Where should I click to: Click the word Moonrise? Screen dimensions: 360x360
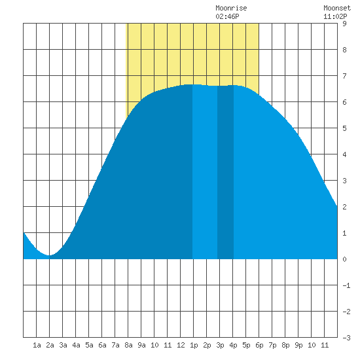coord(231,8)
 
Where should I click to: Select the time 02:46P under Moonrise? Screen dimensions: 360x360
coord(227,16)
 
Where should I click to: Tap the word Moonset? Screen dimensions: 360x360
coord(337,8)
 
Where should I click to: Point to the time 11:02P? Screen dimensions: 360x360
coord(335,16)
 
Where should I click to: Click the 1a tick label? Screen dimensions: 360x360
coord(37,345)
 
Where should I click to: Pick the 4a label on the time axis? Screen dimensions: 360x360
coord(76,345)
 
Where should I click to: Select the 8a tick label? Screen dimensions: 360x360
coord(128,345)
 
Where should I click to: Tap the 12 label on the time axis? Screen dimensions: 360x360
coord(181,345)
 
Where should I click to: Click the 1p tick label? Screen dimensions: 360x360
coord(194,345)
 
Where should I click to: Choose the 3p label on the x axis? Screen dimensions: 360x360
coord(220,345)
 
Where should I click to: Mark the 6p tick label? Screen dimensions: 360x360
coord(259,345)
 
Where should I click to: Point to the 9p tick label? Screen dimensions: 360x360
coord(298,345)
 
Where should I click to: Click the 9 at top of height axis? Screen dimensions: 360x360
coord(344,24)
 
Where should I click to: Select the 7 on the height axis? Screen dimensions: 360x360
coord(344,76)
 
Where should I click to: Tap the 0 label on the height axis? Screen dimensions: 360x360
coord(344,259)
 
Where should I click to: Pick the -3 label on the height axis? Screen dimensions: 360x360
coord(346,338)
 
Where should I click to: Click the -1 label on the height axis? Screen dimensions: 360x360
coord(346,285)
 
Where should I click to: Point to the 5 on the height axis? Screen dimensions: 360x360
coord(344,128)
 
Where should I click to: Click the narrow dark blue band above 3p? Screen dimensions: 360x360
coord(225,172)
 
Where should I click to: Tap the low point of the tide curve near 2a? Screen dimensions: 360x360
coord(49,255)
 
